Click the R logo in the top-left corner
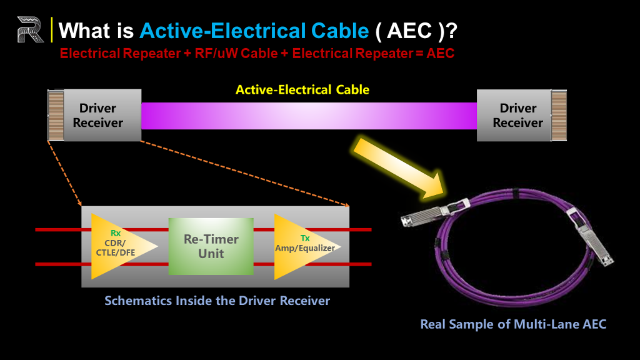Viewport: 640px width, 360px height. (x=30, y=29)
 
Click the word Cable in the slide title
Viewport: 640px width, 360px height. (x=340, y=31)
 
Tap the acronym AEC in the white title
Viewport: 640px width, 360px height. (x=409, y=31)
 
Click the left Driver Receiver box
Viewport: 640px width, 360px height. (x=102, y=115)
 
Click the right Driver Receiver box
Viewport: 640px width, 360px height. (x=514, y=115)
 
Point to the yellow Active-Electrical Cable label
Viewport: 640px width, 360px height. (x=302, y=90)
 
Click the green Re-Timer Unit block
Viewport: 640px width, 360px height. (x=211, y=246)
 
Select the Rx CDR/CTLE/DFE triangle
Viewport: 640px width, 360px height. (x=118, y=246)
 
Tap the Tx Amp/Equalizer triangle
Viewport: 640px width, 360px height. (x=302, y=246)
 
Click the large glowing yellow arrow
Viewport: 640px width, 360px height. (x=399, y=167)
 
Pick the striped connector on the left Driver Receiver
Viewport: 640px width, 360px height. (x=56, y=115)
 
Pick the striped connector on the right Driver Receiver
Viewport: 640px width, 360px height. (x=559, y=116)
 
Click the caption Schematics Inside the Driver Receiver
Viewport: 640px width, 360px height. (x=217, y=301)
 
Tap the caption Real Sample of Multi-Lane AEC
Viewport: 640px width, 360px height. (x=513, y=324)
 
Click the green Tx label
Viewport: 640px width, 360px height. (x=305, y=238)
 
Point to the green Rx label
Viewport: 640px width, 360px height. (x=116, y=233)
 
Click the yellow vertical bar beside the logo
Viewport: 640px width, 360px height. (x=51, y=29)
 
